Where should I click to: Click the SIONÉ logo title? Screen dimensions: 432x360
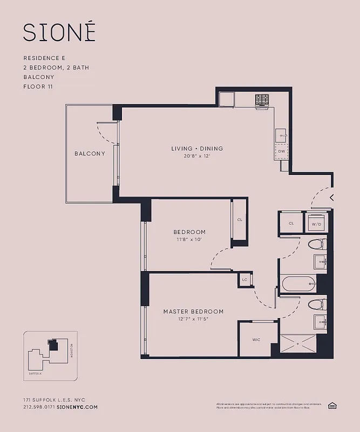[x=59, y=32]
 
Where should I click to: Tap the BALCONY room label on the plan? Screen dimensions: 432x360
[x=90, y=153]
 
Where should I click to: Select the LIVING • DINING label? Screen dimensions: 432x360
[x=197, y=148]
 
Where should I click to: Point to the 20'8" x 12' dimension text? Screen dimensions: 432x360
[x=197, y=156]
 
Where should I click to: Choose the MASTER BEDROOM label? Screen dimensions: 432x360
[x=193, y=312]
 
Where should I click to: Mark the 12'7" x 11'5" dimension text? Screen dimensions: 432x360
[x=193, y=319]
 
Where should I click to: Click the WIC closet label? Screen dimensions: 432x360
[x=256, y=340]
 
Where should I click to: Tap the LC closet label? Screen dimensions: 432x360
[x=244, y=280]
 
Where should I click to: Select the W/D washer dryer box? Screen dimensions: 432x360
[x=315, y=223]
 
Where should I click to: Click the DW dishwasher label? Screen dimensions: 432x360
[x=281, y=152]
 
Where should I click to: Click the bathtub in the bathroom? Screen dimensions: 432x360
[x=297, y=283]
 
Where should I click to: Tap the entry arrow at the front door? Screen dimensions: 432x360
[x=331, y=197]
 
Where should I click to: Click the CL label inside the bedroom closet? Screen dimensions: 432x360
[x=240, y=220]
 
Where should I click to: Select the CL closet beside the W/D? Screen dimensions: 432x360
[x=291, y=223]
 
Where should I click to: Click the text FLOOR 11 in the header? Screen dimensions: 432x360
[x=38, y=86]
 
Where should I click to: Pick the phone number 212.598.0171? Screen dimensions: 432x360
[x=38, y=407]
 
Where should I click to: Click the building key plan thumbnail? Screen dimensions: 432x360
[x=50, y=354]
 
